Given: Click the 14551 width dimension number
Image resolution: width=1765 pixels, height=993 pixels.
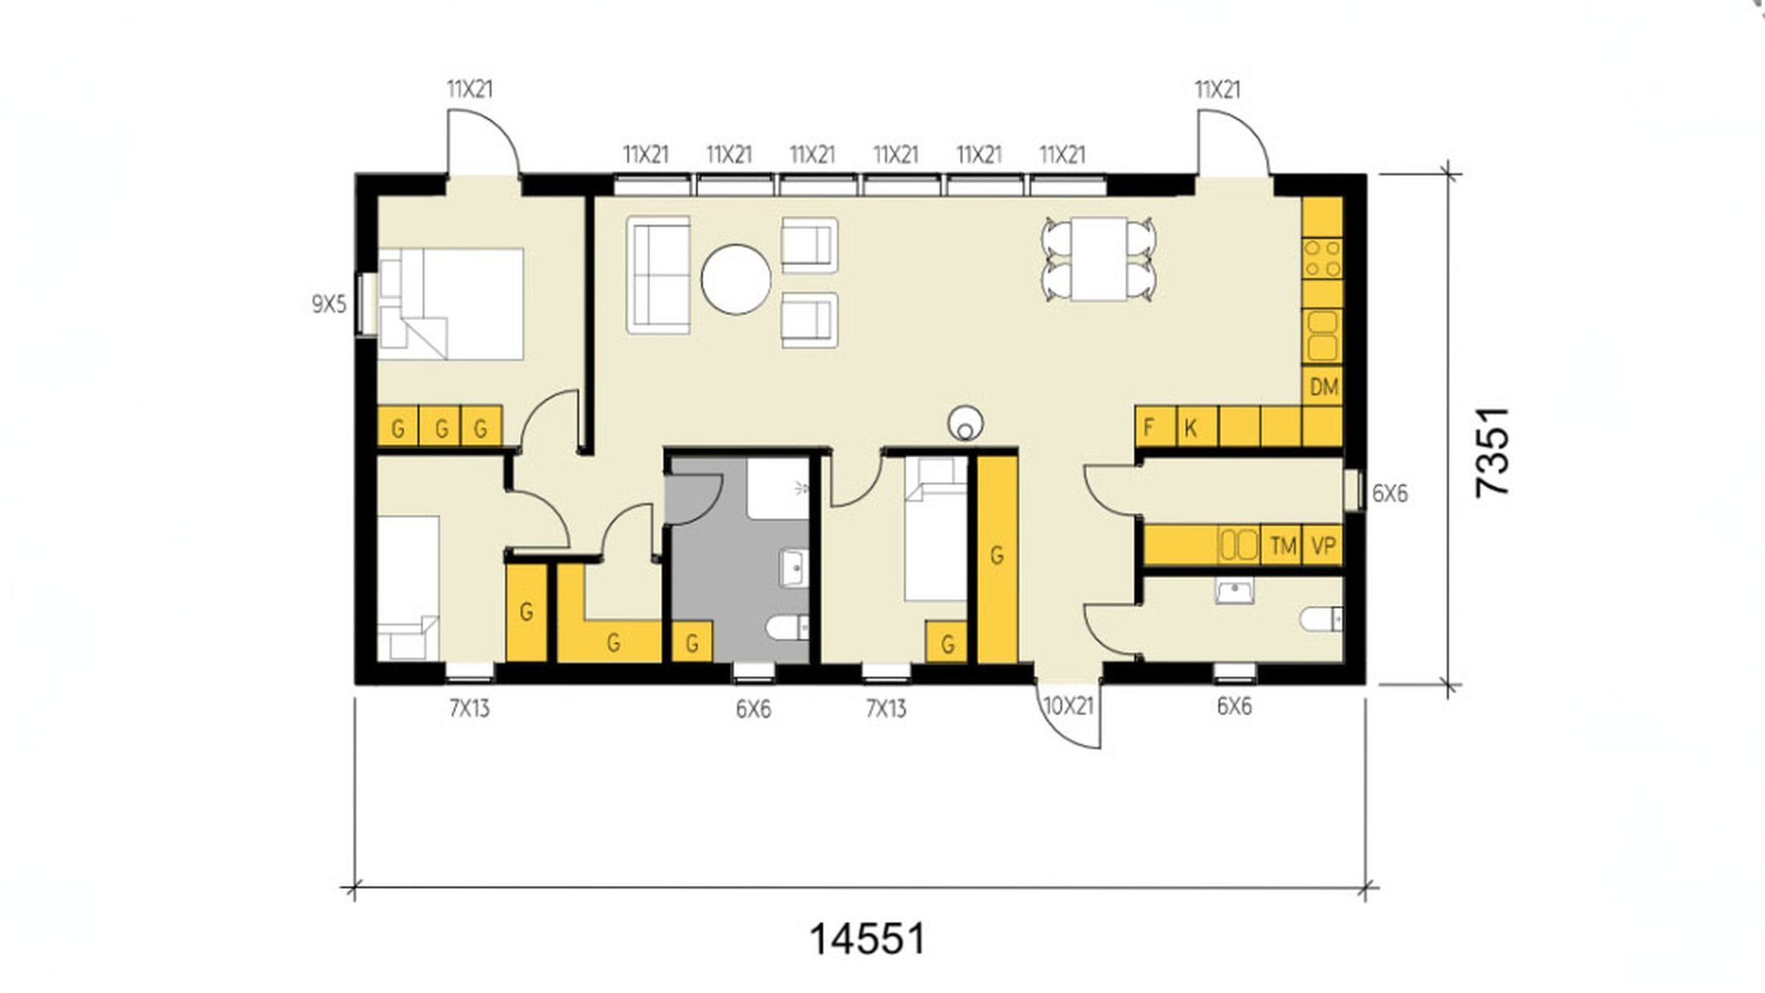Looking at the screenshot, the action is pos(866,938).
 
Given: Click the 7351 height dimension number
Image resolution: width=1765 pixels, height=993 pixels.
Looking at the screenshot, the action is pos(1493,452).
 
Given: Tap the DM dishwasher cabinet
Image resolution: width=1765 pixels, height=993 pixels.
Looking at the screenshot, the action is pos(1323,387).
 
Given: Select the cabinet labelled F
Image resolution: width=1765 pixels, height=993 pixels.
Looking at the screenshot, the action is pos(1156,427).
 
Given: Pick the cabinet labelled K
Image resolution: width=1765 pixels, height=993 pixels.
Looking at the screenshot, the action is pos(1197,427).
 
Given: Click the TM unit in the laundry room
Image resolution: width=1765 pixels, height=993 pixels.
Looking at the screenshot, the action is pos(1282,545).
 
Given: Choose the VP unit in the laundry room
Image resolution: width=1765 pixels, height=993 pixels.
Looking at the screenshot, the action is pos(1323,545).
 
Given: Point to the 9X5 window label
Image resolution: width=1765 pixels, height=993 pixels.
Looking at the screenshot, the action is pos(329,305).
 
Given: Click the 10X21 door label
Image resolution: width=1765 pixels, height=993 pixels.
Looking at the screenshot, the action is pos(1068,706).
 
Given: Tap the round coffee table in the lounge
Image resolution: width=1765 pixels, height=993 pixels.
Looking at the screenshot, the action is pos(736,279).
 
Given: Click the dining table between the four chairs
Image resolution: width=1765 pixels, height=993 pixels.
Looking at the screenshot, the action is pos(1098,259).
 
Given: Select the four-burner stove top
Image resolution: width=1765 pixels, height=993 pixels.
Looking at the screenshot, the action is pos(1322,258).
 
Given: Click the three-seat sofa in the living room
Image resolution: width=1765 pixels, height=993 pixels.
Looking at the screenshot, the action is pos(659,274).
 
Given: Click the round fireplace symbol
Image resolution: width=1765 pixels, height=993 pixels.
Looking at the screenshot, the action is pos(965,424).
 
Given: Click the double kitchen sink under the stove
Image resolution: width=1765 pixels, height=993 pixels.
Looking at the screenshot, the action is pos(1322,335).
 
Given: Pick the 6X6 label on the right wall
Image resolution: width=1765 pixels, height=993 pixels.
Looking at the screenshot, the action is pos(1390,493).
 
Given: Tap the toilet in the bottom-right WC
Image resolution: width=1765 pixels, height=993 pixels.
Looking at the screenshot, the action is pos(1321,619).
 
